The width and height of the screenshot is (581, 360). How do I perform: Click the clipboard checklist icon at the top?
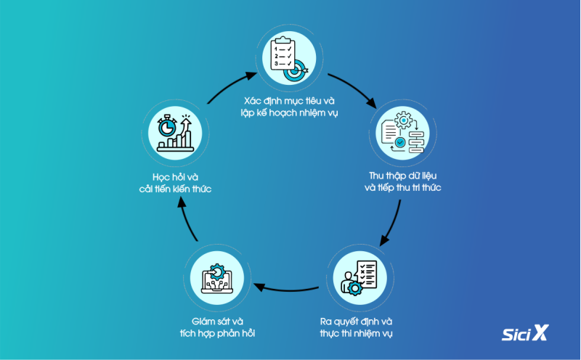[x=289, y=58]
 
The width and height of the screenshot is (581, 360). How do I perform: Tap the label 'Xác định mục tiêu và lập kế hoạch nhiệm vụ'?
[x=289, y=107]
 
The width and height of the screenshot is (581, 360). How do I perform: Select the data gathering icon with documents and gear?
[x=403, y=133]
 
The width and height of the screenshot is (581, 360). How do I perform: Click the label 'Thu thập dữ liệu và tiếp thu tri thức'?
[x=403, y=181]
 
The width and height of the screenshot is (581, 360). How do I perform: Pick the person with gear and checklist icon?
[x=359, y=278]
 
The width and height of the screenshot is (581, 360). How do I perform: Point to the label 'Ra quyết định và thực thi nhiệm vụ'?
[x=356, y=327]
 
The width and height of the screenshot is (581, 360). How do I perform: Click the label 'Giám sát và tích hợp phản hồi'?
[x=217, y=327]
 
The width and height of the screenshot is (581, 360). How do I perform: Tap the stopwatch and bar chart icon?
[x=175, y=133]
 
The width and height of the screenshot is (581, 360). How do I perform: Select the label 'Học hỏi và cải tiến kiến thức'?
[x=175, y=183]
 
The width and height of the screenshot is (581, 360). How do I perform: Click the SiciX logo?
[x=525, y=333]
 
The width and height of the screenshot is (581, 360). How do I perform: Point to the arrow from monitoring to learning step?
[x=187, y=218]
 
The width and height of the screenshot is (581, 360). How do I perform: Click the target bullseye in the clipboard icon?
[x=295, y=70]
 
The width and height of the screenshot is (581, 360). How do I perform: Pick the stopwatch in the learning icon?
[x=167, y=126]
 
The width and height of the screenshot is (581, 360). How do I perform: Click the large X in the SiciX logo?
[x=540, y=332]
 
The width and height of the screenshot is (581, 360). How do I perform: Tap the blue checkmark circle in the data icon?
[x=400, y=142]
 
